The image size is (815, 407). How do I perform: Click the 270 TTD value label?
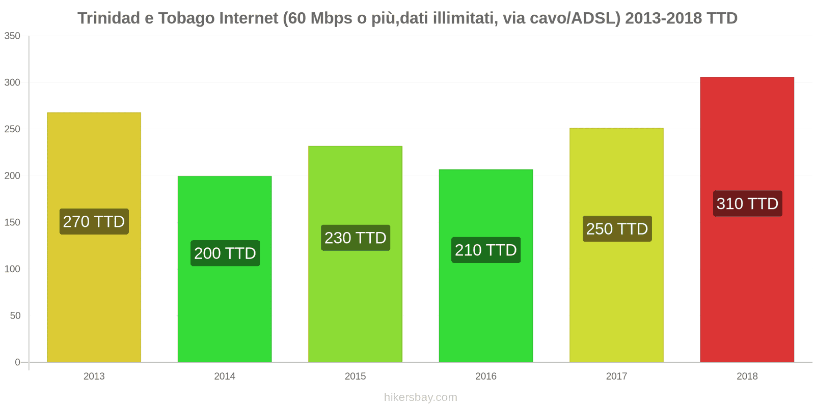pyautogui.click(x=94, y=221)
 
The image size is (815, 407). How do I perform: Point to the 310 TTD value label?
pyautogui.click(x=747, y=203)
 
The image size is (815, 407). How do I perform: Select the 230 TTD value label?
pyautogui.click(x=356, y=238)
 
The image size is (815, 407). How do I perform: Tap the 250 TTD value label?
pyautogui.click(x=617, y=228)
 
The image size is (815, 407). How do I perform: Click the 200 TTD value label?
pyautogui.click(x=225, y=253)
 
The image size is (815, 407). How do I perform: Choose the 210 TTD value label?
pyautogui.click(x=486, y=250)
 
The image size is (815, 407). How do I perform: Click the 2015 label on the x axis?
pyautogui.click(x=355, y=376)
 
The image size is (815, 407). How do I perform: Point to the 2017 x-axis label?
pyautogui.click(x=616, y=376)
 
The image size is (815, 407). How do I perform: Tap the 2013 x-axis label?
pyautogui.click(x=94, y=376)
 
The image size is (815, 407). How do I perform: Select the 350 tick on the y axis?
pyautogui.click(x=12, y=36)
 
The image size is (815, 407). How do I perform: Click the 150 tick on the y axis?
pyautogui.click(x=12, y=222)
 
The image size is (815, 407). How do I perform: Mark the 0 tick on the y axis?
pyautogui.click(x=17, y=362)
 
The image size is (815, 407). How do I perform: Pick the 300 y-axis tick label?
pyautogui.click(x=12, y=82)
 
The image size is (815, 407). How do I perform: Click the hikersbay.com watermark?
pyautogui.click(x=420, y=397)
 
